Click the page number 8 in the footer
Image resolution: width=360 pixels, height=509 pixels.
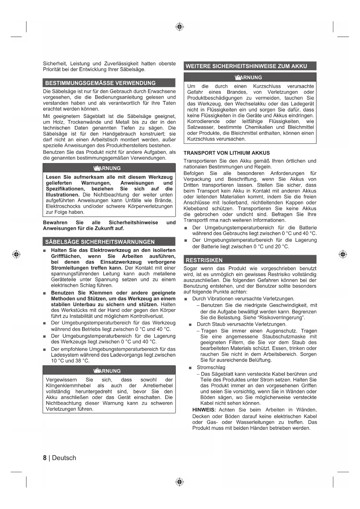[x=45, y=458]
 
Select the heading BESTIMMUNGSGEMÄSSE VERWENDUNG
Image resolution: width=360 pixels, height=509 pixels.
[x=100, y=83]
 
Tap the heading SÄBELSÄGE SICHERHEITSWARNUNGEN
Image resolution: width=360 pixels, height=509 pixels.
[x=100, y=242]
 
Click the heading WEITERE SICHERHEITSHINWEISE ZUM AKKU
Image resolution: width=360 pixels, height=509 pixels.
[x=246, y=66]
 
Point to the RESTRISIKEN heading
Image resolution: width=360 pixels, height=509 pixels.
[x=204, y=260]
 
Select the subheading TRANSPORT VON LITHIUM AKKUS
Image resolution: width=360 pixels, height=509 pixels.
[x=227, y=153]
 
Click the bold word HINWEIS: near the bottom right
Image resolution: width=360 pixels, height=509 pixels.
[x=204, y=410]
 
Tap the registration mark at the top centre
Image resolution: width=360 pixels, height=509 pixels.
[x=180, y=27]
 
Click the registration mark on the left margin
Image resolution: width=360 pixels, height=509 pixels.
[x=16, y=254]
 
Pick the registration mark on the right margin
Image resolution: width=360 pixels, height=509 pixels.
[x=343, y=254]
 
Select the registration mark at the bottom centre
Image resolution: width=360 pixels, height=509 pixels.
[x=180, y=482]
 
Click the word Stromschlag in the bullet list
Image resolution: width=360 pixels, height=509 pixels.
[x=211, y=367]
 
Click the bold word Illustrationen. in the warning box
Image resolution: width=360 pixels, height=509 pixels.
[x=63, y=195]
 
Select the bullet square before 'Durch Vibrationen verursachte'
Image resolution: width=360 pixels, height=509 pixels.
[x=186, y=299]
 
